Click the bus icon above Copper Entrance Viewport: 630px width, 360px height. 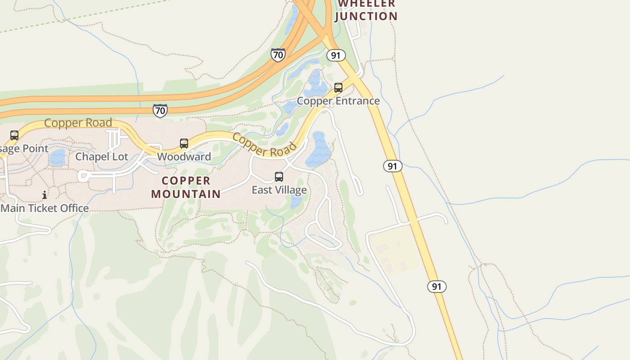pos(338,88)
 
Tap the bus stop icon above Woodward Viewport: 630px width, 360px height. pos(184,144)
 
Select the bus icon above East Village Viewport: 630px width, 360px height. pos(279,177)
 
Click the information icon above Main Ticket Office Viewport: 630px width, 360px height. pos(45,195)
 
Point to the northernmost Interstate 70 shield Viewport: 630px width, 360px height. pos(278,55)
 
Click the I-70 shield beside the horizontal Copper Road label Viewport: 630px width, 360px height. pos(160,110)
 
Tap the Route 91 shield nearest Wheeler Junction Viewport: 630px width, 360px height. pos(336,55)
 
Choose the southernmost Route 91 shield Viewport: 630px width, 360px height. pos(436,286)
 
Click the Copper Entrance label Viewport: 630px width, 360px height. pos(338,101)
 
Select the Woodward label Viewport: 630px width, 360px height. pos(184,157)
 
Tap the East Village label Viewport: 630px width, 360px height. pos(279,190)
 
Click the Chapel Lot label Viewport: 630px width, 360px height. pos(102,157)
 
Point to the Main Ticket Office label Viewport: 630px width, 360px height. pos(45,208)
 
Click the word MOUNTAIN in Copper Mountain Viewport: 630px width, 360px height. pos(186,194)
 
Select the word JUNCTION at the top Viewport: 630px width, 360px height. pos(366,16)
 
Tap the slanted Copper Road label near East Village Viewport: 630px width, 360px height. pos(265,144)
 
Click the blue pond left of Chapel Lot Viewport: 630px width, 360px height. pos(57,158)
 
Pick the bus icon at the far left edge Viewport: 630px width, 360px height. pos(14,135)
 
